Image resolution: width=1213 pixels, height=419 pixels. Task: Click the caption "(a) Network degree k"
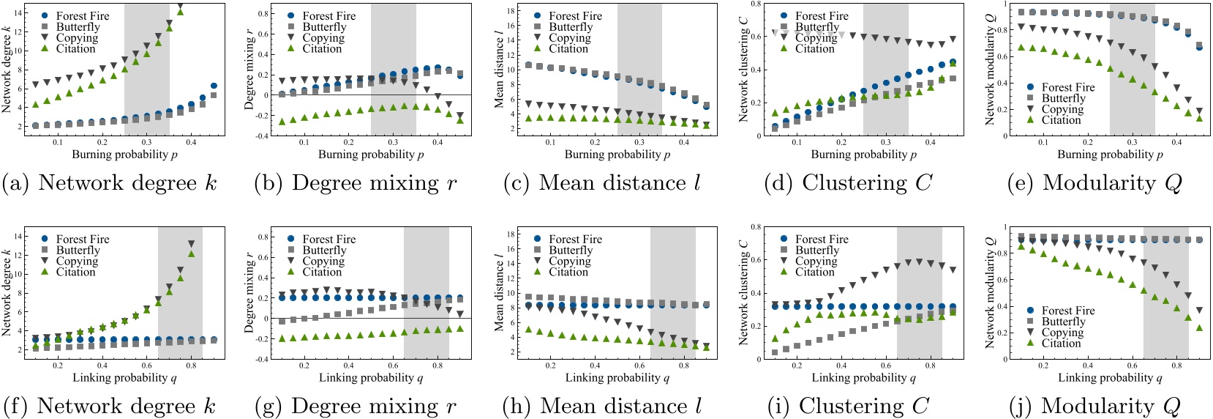(x=110, y=183)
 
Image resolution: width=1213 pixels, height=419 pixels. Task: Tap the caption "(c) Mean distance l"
(x=602, y=183)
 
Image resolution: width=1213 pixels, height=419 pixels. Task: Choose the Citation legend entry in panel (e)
(x=1061, y=120)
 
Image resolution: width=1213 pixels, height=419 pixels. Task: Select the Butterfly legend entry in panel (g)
(x=324, y=250)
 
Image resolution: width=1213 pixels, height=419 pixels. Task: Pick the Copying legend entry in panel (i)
(x=816, y=261)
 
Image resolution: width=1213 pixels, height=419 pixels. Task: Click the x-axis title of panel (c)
(x=617, y=155)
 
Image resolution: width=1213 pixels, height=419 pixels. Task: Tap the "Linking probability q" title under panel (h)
(x=617, y=378)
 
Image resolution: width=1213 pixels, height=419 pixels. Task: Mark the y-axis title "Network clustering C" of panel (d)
(x=744, y=70)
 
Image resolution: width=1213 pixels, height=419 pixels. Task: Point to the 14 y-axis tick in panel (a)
(x=18, y=13)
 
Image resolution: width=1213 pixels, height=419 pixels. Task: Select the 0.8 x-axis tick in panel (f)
(x=191, y=366)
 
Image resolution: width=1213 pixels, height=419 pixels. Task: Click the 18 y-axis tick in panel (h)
(x=511, y=234)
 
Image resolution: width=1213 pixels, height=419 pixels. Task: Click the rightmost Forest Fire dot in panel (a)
(x=214, y=86)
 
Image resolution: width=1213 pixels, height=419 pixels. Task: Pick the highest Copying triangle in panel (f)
(x=192, y=244)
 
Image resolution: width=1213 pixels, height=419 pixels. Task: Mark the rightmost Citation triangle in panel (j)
(x=1199, y=327)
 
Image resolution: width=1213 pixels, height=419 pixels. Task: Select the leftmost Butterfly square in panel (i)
(x=775, y=352)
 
